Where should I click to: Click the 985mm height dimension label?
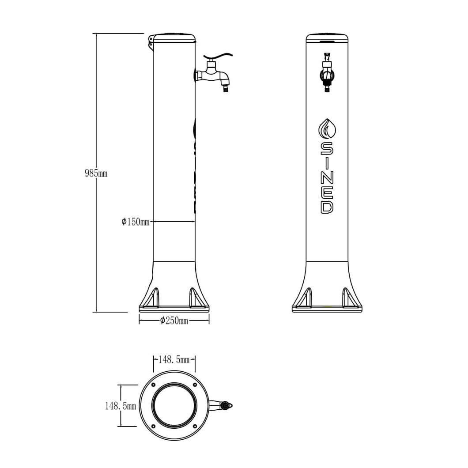point(96,173)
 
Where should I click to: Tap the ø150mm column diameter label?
point(135,222)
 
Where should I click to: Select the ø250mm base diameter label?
point(174,321)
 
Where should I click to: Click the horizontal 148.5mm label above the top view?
point(174,360)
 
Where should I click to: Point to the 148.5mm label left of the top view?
point(120,406)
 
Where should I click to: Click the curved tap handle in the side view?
point(218,56)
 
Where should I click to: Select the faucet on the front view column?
point(327,72)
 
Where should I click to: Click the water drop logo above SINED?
point(327,129)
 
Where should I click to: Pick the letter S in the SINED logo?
point(327,148)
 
